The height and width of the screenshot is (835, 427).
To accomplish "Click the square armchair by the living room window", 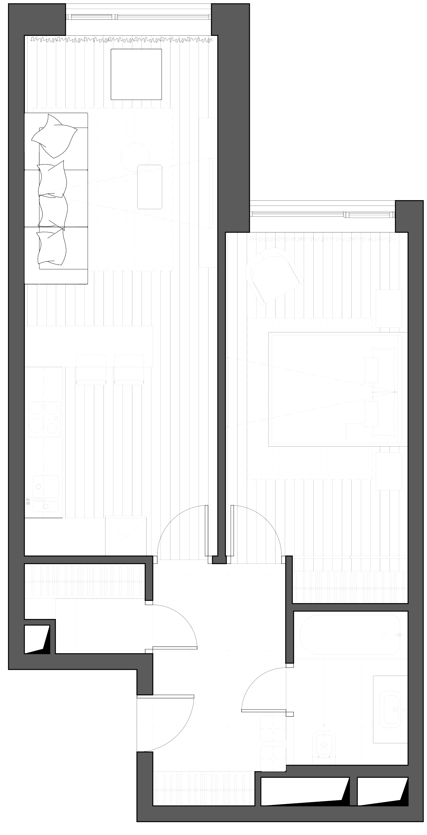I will tap(136, 74).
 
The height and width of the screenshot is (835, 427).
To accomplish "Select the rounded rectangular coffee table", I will tap(150, 187).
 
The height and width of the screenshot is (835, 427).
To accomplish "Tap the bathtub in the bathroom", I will tap(349, 635).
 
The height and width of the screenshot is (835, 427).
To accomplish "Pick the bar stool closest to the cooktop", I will tap(91, 370).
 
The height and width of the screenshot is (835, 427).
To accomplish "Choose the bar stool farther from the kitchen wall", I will tap(129, 370).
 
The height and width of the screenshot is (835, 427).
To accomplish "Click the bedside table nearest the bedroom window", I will tap(388, 308).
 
